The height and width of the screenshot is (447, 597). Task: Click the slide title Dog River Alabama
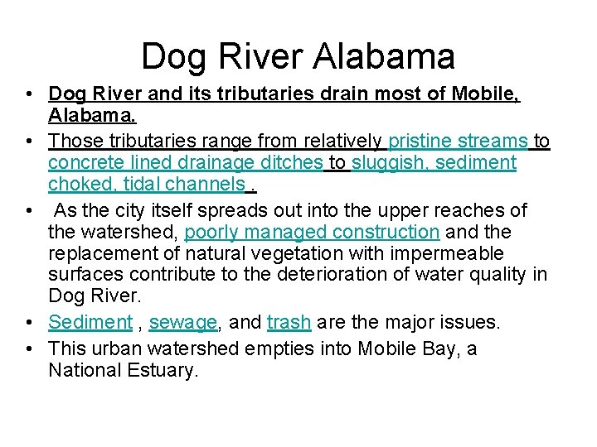(298, 56)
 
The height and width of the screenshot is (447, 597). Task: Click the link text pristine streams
(458, 141)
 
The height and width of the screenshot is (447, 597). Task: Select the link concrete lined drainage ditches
(186, 162)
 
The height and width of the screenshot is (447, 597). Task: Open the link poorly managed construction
(311, 233)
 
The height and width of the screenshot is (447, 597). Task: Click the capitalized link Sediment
(90, 322)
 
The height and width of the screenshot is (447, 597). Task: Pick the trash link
(289, 322)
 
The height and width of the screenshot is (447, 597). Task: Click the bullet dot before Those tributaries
(29, 141)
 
